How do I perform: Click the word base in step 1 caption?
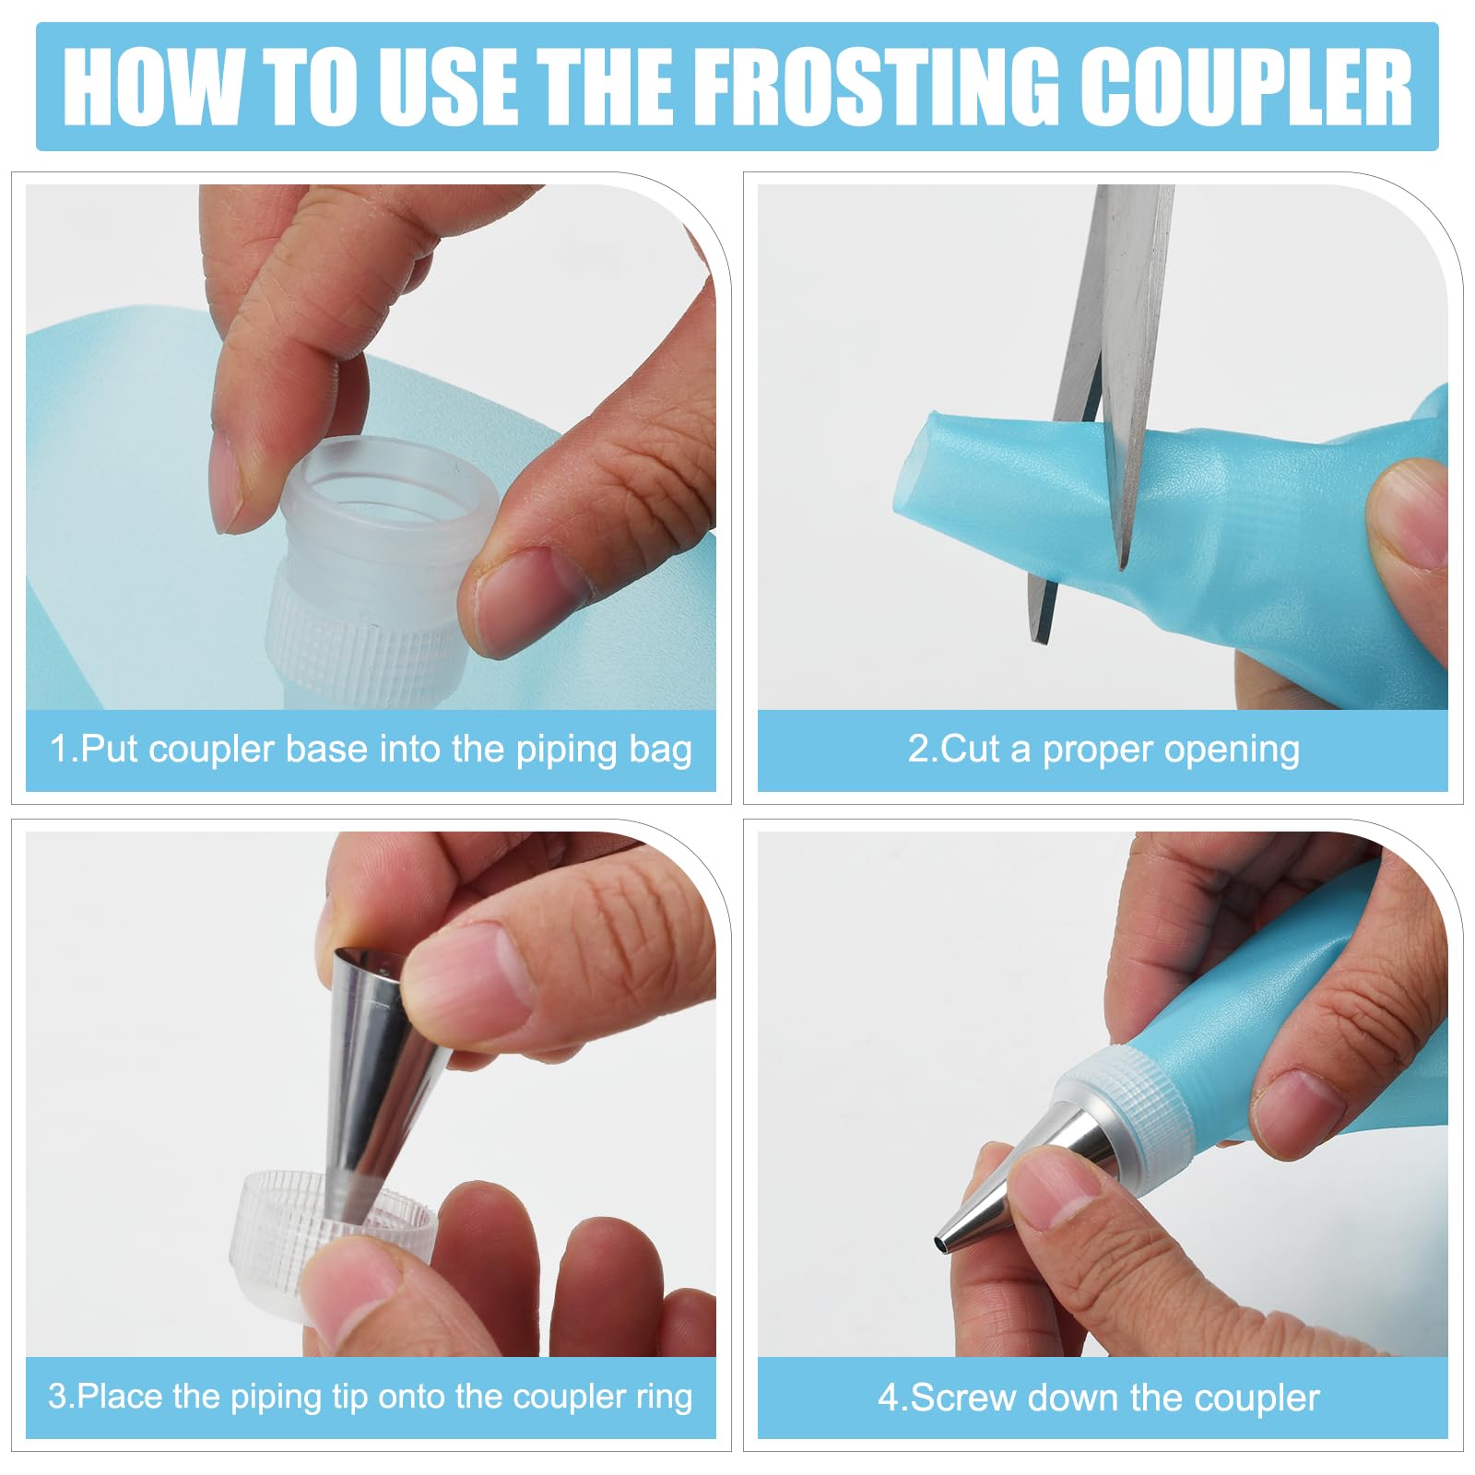[x=327, y=749]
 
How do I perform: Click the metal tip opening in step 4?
[x=940, y=1245]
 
